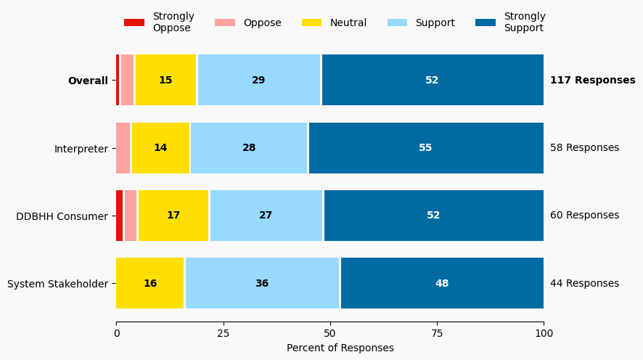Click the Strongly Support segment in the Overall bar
pyautogui.click(x=433, y=81)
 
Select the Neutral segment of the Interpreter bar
pyautogui.click(x=160, y=148)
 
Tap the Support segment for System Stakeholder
pyautogui.click(x=262, y=284)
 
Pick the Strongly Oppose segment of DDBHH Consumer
pyautogui.click(x=120, y=216)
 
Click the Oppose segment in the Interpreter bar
pyautogui.click(x=123, y=148)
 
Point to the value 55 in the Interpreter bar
pyautogui.click(x=425, y=148)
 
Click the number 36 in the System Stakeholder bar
pyautogui.click(x=262, y=284)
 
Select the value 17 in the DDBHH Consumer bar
pyautogui.click(x=173, y=216)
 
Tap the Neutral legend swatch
pyautogui.click(x=311, y=22)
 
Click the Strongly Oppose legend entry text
pyautogui.click(x=173, y=22)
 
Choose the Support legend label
pyautogui.click(x=435, y=22)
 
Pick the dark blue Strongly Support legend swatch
pyautogui.click(x=486, y=22)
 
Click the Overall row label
pyautogui.click(x=88, y=81)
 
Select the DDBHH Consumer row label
pyautogui.click(x=62, y=216)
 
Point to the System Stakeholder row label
pyautogui.click(x=57, y=284)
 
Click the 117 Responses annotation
pyautogui.click(x=592, y=81)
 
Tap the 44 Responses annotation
pyautogui.click(x=584, y=284)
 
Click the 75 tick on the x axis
pyautogui.click(x=437, y=334)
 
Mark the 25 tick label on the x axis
pyautogui.click(x=224, y=334)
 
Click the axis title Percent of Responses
pyautogui.click(x=340, y=348)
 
